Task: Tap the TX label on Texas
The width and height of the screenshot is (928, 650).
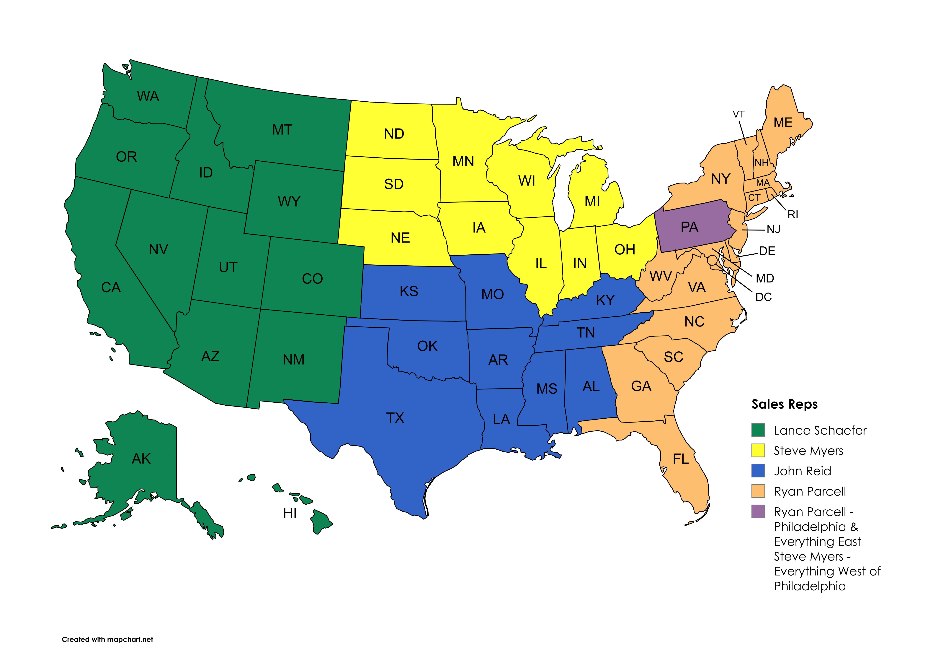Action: pyautogui.click(x=395, y=418)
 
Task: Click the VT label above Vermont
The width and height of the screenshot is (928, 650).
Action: pyautogui.click(x=739, y=114)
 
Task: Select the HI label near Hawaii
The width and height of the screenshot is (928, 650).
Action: pyautogui.click(x=290, y=513)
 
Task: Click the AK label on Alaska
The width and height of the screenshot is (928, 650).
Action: pyautogui.click(x=141, y=459)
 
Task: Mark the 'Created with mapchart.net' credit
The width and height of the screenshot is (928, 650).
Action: pyautogui.click(x=107, y=639)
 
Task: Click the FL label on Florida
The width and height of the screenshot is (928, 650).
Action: pyautogui.click(x=681, y=459)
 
